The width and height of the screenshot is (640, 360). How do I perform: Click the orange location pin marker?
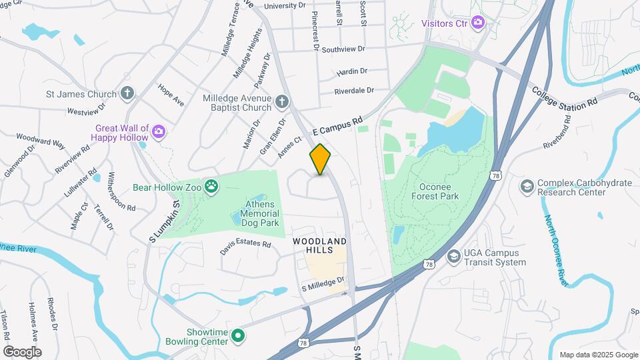coord(320,159)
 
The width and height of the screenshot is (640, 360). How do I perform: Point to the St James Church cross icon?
coord(128,94)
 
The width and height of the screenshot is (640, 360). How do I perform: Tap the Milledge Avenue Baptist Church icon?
coord(282,102)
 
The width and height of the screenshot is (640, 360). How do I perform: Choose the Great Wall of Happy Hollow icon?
coord(158,131)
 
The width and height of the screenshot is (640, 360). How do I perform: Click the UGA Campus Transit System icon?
coord(454,257)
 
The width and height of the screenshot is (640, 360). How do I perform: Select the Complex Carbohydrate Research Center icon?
coord(527,185)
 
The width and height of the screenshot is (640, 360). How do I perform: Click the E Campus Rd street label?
coord(337,125)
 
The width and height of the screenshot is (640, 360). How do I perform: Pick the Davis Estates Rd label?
coord(246,247)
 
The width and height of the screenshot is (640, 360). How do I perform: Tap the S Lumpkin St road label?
coord(165,220)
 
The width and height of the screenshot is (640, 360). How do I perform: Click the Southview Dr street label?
coord(343,49)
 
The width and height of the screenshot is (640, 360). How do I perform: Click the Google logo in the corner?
coord(22,351)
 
